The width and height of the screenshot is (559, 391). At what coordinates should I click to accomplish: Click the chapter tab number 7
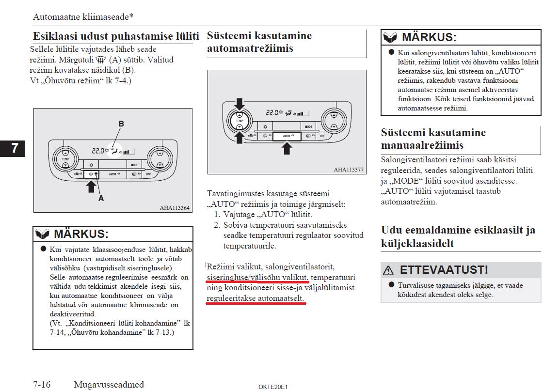[x=15, y=148]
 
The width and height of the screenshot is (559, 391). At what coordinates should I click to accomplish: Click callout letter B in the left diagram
[x=121, y=124]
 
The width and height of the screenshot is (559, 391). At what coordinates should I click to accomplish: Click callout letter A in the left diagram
[x=101, y=198]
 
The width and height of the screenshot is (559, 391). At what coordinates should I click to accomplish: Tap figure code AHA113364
[x=175, y=208]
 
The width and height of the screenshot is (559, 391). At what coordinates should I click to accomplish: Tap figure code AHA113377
[x=349, y=170]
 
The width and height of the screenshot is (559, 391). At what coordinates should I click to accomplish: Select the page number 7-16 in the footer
[x=42, y=385]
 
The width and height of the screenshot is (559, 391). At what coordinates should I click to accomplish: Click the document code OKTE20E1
[x=273, y=387]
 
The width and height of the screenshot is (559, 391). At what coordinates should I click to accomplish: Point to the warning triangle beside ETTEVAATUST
[x=388, y=270]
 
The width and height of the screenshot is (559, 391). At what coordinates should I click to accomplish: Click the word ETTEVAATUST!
[x=444, y=270]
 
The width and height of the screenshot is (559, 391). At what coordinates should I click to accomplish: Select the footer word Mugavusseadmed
[x=109, y=385]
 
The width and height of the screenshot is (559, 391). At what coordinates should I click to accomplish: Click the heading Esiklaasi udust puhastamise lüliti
[x=116, y=36]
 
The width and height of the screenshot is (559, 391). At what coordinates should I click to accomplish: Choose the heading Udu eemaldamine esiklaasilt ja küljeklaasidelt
[x=458, y=236]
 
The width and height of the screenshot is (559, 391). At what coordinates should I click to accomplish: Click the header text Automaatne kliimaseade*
[x=83, y=17]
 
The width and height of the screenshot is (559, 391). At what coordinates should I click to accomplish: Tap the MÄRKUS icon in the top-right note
[x=390, y=37]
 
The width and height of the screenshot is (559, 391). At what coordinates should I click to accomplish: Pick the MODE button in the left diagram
[x=134, y=165]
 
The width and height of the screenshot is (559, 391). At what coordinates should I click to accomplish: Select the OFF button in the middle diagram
[x=322, y=136]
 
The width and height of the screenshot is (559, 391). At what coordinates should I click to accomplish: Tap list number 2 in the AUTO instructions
[x=217, y=225]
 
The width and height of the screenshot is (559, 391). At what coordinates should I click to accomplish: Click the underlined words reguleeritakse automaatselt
[x=256, y=298]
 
